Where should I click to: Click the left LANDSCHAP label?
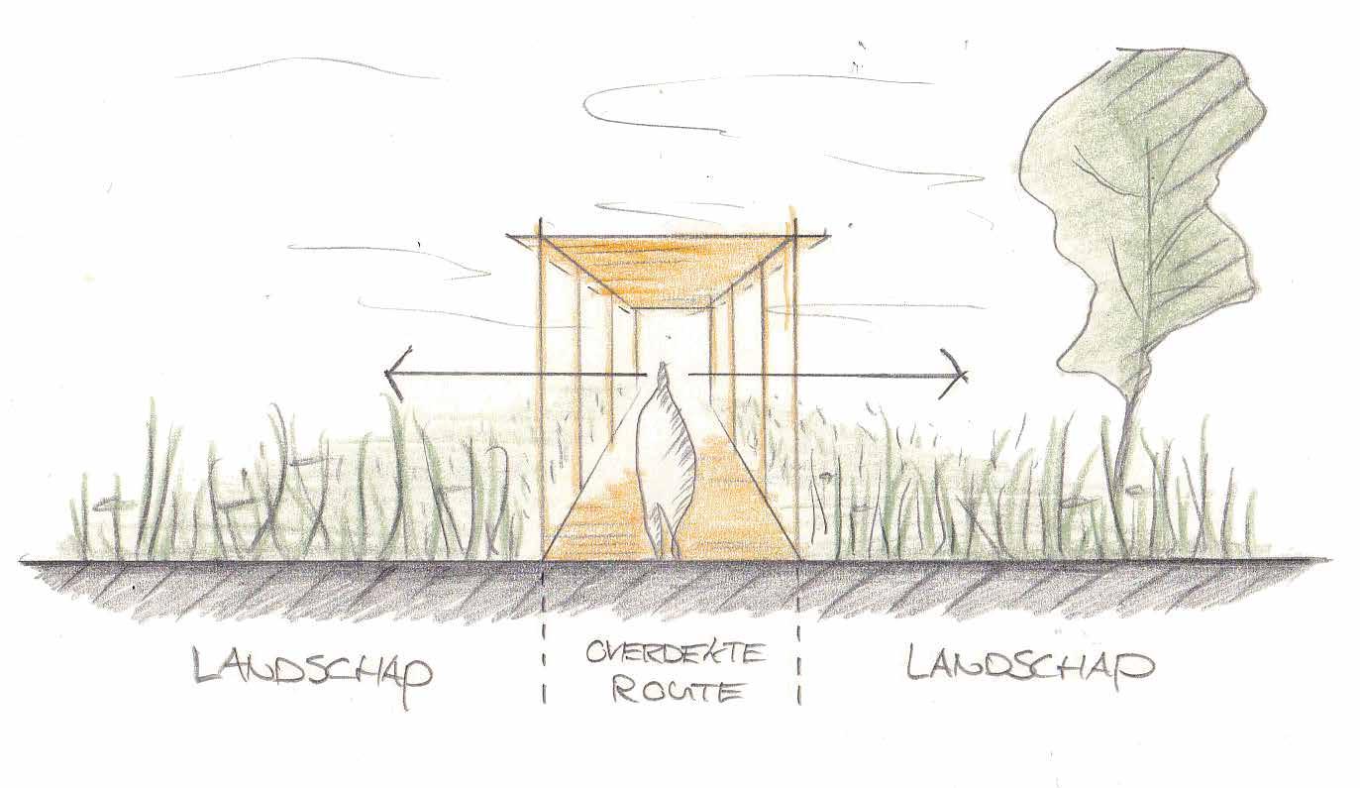[x=313, y=669]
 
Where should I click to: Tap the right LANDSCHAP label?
[x=1030, y=665]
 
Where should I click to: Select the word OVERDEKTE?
[x=676, y=655]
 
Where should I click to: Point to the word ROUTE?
[x=678, y=690]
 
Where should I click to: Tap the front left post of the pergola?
[x=541, y=396]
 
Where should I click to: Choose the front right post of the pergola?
[x=794, y=396]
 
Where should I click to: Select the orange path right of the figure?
[x=728, y=515]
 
